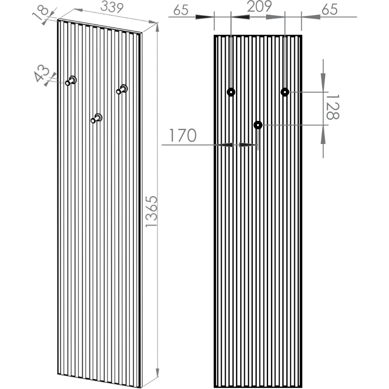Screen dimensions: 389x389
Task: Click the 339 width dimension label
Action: [x=112, y=8]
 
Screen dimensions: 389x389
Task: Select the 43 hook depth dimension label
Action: [x=42, y=74]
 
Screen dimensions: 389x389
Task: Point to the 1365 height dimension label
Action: [x=151, y=211]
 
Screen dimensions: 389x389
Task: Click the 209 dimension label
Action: [x=259, y=7]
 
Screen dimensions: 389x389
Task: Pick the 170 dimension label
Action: [x=182, y=135]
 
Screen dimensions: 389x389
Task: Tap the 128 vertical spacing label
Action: [x=332, y=107]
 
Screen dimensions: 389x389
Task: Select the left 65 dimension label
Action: [x=181, y=10]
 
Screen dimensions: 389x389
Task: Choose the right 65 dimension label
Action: [x=329, y=9]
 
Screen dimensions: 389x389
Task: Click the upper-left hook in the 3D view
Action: [x=71, y=81]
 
